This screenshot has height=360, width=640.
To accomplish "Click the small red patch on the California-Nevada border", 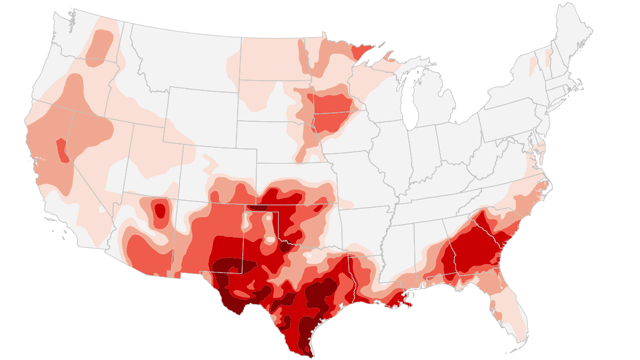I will click(62, 150).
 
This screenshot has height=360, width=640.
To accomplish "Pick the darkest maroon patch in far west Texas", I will click(230, 268).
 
